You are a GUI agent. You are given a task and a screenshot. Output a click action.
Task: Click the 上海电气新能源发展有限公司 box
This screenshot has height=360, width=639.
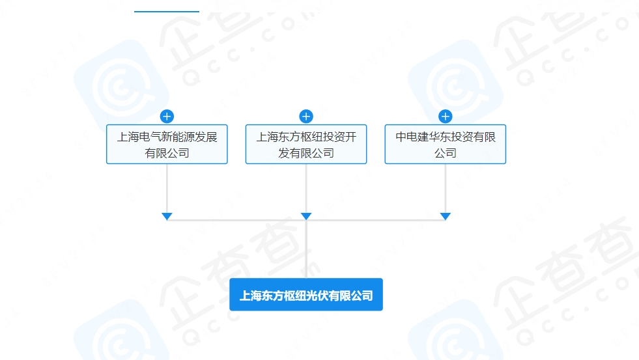167,145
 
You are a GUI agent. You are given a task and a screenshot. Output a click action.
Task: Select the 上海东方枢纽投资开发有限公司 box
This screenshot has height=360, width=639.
306,145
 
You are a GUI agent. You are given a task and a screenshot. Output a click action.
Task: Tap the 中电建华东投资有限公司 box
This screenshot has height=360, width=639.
445,145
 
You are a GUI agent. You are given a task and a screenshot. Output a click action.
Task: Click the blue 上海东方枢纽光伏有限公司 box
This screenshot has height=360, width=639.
306,295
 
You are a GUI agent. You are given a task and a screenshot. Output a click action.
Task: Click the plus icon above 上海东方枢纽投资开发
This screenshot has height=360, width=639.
306,117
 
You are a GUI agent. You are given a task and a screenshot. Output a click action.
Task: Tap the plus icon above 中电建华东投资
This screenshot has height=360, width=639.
445,117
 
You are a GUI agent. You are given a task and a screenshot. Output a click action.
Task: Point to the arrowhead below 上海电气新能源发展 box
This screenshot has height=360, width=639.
167,216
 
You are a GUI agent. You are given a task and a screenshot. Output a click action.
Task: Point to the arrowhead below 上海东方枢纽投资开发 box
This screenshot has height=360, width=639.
306,216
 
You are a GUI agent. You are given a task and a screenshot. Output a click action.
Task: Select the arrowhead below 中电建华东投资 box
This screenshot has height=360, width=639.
445,216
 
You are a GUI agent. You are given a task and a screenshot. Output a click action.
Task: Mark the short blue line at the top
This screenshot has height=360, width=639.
167,12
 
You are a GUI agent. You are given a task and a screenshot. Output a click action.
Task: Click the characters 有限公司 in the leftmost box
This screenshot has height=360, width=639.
167,154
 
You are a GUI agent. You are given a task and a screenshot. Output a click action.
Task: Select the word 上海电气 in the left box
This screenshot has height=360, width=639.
135,137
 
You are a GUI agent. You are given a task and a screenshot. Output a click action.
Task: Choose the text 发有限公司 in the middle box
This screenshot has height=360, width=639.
306,154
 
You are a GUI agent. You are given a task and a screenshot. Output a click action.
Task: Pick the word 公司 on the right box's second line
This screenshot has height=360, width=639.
446,154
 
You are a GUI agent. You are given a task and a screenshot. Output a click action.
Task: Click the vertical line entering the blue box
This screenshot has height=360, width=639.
306,254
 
